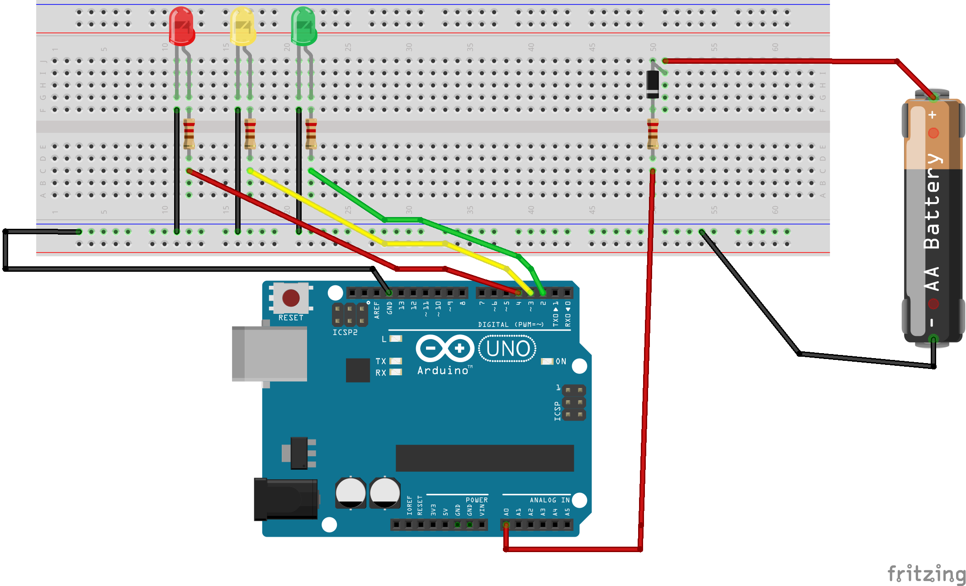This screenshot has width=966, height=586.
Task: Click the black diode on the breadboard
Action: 652,84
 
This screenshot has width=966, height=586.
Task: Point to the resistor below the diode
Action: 652,133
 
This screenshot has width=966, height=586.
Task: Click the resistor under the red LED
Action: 189,133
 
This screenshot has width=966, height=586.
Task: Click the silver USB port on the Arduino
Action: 270,354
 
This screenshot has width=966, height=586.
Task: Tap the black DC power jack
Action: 286,499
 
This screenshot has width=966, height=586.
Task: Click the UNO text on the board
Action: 507,349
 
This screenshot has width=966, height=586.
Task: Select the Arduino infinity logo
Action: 444,348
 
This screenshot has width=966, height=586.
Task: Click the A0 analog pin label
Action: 507,512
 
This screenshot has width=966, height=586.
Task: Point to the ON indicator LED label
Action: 561,361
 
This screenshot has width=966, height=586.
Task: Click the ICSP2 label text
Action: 345,332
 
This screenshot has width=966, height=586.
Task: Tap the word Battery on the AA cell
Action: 933,201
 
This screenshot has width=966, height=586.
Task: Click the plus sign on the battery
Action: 933,115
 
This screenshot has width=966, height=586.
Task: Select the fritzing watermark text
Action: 926,574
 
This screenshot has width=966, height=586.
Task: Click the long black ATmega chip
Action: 484,458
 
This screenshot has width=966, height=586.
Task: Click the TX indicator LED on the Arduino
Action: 396,361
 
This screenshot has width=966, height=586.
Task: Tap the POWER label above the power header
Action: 477,500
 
